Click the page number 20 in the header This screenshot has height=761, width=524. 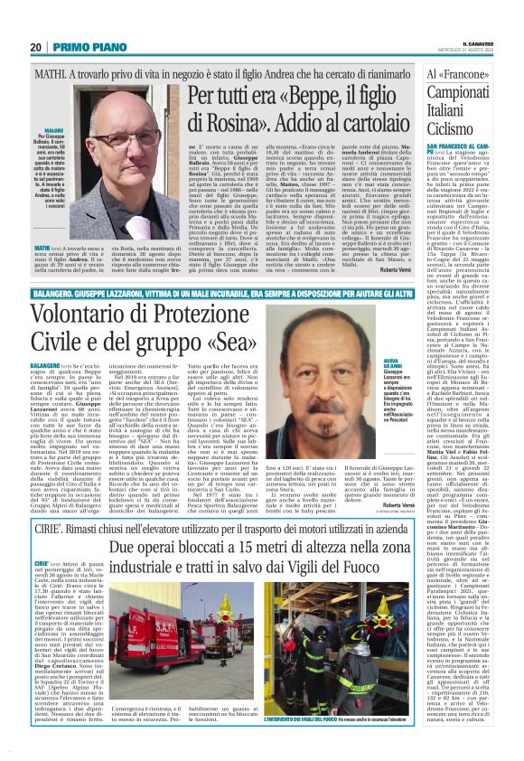[x=36, y=47]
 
